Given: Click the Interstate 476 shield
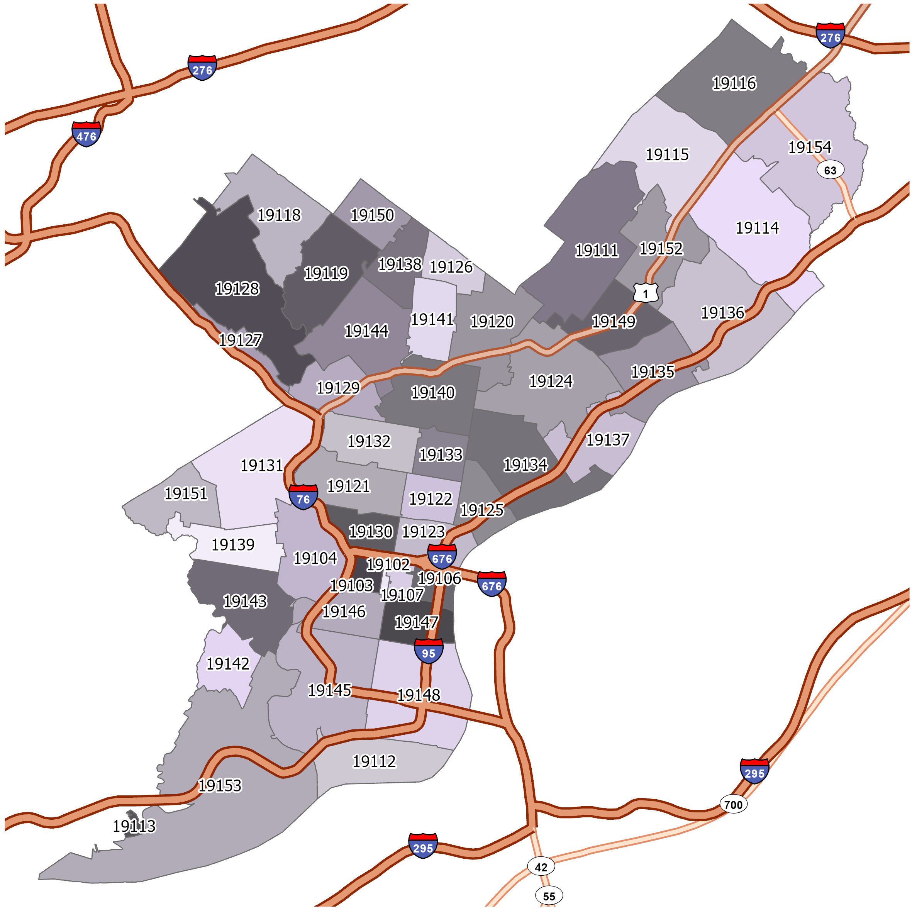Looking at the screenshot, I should pyautogui.click(x=86, y=134).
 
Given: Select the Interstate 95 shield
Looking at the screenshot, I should pyautogui.click(x=428, y=651).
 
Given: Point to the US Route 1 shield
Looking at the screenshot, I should pyautogui.click(x=645, y=293).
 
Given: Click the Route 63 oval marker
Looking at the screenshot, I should pyautogui.click(x=830, y=170).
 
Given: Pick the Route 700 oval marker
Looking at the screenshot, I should pyautogui.click(x=733, y=804).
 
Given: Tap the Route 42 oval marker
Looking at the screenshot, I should pyautogui.click(x=541, y=867).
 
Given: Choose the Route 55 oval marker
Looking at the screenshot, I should pyautogui.click(x=549, y=896).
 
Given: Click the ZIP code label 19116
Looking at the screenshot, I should pyautogui.click(x=734, y=83).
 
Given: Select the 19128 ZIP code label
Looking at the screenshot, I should pyautogui.click(x=237, y=288).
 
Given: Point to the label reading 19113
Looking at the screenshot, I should pyautogui.click(x=134, y=826).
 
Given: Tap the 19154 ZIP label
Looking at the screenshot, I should pyautogui.click(x=810, y=147).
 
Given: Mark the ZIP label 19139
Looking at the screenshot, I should pyautogui.click(x=233, y=544).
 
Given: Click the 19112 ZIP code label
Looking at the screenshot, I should pyautogui.click(x=374, y=761).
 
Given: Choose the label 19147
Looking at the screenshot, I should pyautogui.click(x=416, y=622).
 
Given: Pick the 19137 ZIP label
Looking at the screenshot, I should pyautogui.click(x=607, y=439).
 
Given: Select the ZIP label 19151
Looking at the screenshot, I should pyautogui.click(x=186, y=493).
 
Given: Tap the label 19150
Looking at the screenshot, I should pyautogui.click(x=372, y=215).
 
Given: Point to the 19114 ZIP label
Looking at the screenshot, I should pyautogui.click(x=757, y=227).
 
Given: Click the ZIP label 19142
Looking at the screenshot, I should pyautogui.click(x=228, y=664).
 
